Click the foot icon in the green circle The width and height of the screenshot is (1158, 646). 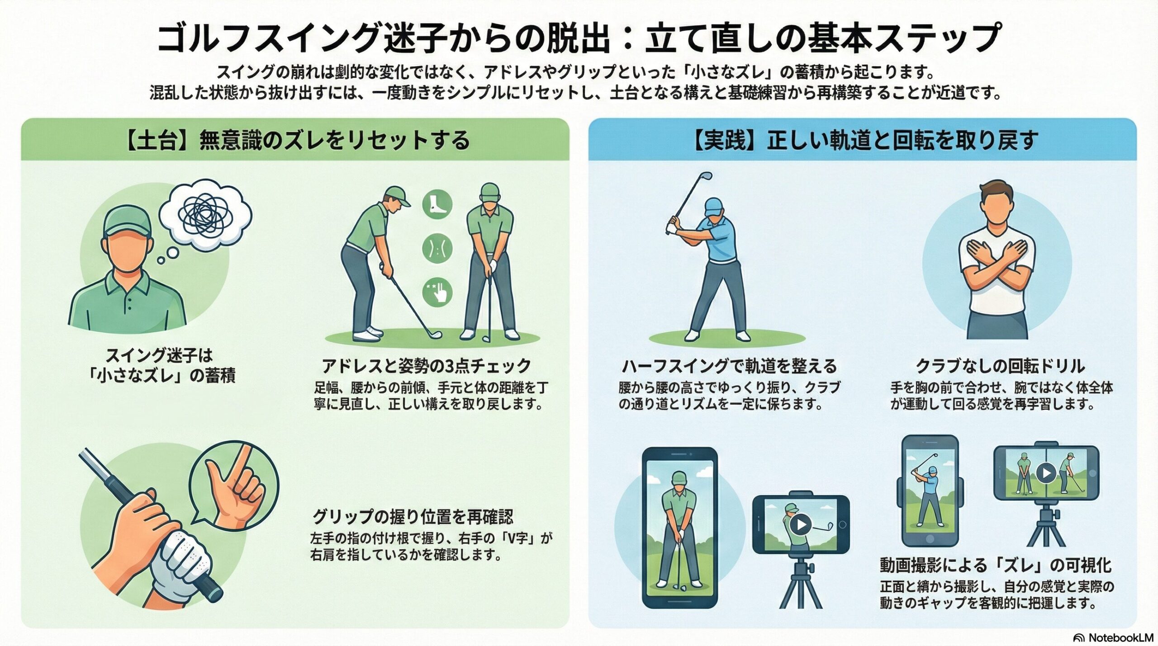pyautogui.click(x=437, y=204)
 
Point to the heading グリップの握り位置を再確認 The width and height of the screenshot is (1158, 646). pyautogui.click(x=413, y=516)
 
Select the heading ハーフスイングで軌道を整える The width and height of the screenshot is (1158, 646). pyautogui.click(x=729, y=365)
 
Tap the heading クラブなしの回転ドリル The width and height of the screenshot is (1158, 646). pyautogui.click(x=1000, y=365)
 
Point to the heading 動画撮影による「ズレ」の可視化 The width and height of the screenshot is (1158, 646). pyautogui.click(x=996, y=565)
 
